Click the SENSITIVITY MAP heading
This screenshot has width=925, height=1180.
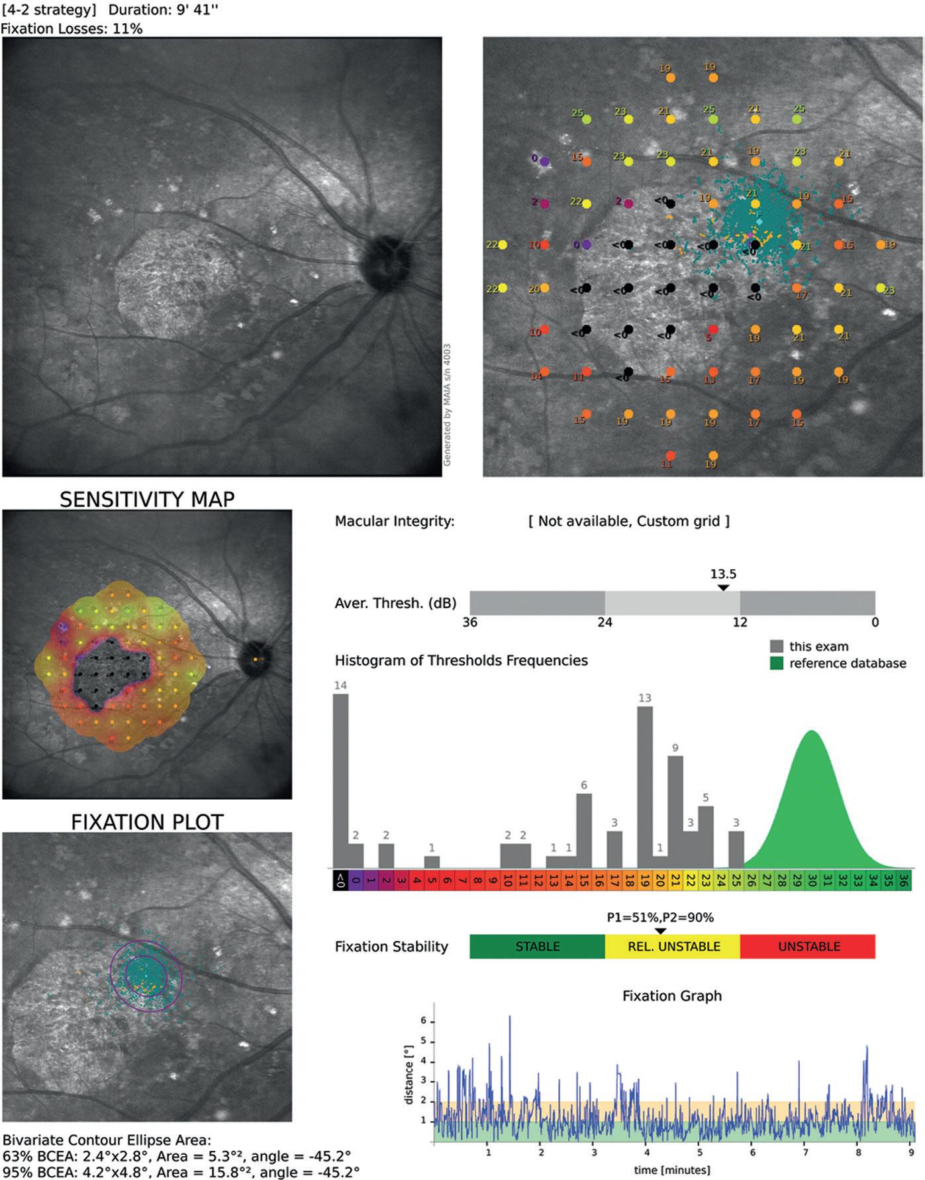pyautogui.click(x=147, y=499)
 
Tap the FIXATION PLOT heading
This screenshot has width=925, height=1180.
pyautogui.click(x=147, y=822)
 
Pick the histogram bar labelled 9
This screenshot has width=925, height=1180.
pyautogui.click(x=675, y=812)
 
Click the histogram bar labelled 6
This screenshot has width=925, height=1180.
pyautogui.click(x=584, y=831)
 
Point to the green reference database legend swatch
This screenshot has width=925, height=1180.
pyautogui.click(x=777, y=663)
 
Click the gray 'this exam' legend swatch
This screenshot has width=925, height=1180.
pyautogui.click(x=777, y=646)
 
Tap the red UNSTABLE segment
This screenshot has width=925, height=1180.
pyautogui.click(x=808, y=946)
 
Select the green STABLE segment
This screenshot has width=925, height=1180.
pyautogui.click(x=537, y=946)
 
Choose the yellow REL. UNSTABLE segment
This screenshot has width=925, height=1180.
pyautogui.click(x=673, y=946)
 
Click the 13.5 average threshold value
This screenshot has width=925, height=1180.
pyautogui.click(x=724, y=574)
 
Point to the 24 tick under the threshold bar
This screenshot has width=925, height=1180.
pyautogui.click(x=605, y=622)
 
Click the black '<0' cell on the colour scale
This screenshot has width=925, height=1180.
pyautogui.click(x=340, y=881)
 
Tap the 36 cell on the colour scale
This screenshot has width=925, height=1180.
pyautogui.click(x=904, y=881)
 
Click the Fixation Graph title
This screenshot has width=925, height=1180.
pyautogui.click(x=671, y=996)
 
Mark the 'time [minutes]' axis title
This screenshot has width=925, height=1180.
pyautogui.click(x=671, y=1169)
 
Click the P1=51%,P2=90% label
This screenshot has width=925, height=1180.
pyautogui.click(x=660, y=918)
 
